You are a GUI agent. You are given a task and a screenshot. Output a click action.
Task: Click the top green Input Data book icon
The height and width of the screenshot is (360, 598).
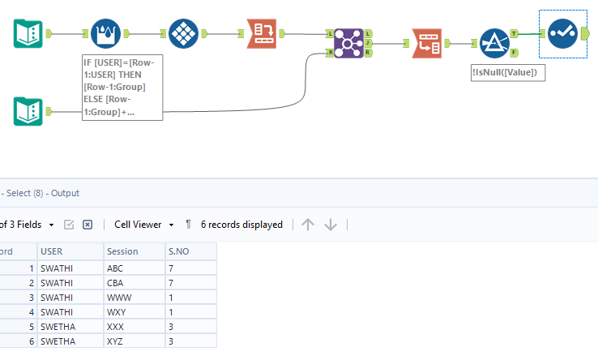click(x=28, y=34)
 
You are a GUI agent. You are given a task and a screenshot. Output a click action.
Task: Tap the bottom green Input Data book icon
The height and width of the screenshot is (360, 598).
click(x=28, y=111)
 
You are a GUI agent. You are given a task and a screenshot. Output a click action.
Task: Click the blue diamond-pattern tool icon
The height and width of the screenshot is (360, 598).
click(x=185, y=33)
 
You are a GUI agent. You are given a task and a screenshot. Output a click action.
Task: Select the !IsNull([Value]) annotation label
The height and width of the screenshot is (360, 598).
click(x=509, y=72)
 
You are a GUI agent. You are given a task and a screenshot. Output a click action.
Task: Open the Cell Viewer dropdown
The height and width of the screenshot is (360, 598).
click(x=144, y=225)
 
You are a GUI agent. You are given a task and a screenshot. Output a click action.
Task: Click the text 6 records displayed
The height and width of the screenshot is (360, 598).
click(x=241, y=225)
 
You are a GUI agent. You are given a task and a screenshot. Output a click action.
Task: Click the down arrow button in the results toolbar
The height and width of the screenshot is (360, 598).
click(x=331, y=225)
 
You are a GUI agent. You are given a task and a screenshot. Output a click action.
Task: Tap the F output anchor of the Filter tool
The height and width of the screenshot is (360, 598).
click(x=514, y=52)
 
